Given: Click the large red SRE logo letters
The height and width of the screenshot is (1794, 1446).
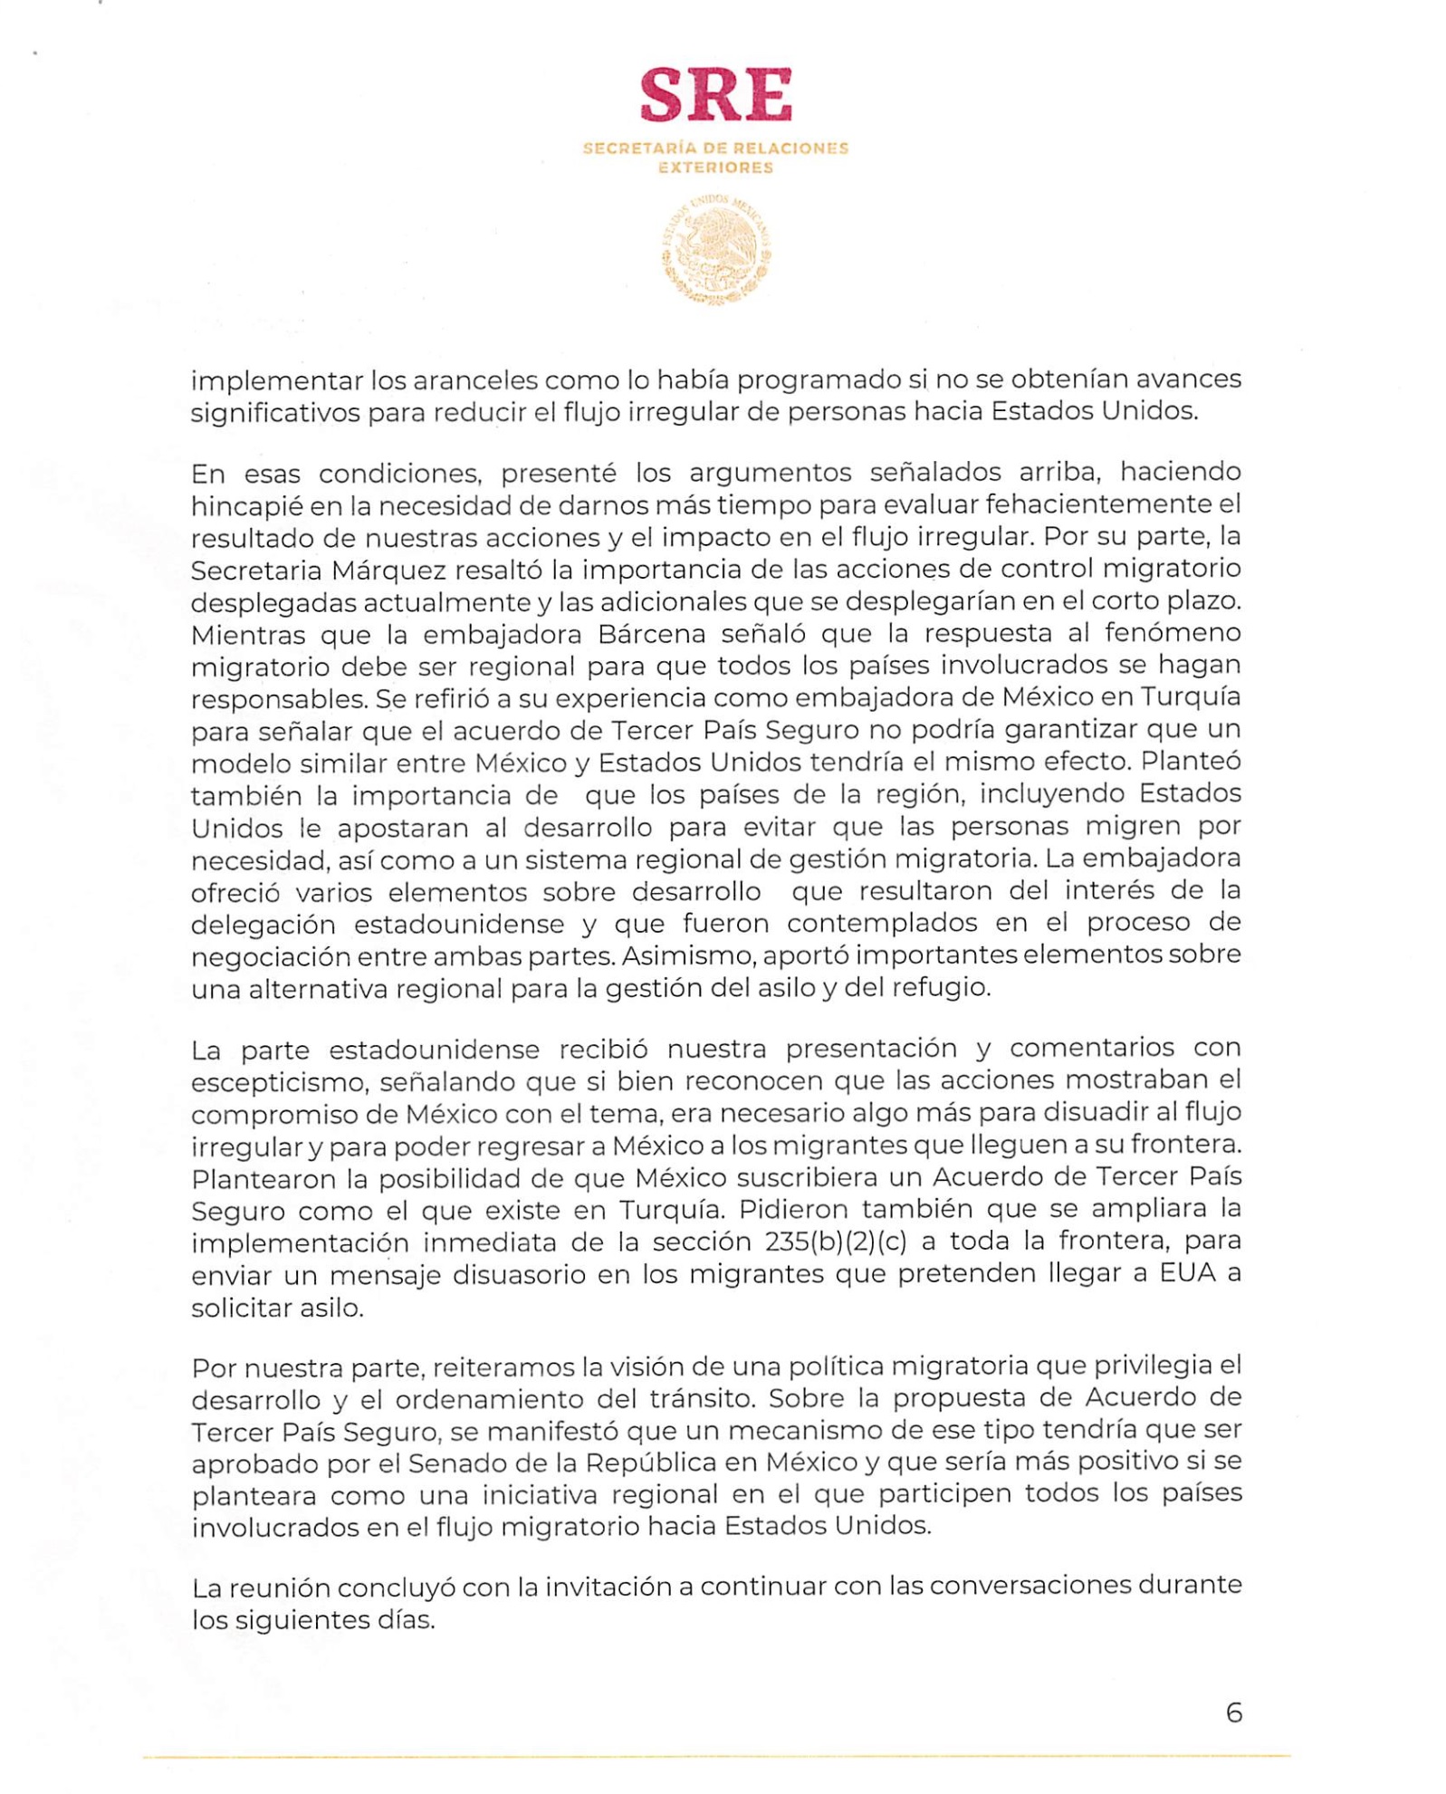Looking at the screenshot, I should coord(715,95).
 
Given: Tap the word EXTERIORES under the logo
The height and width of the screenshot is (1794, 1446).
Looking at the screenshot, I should coord(715,168).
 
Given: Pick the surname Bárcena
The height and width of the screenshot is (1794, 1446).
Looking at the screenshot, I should coord(651,634).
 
